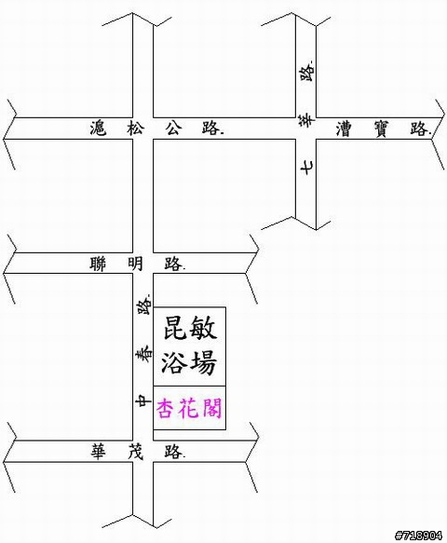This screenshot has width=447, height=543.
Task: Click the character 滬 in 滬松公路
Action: [99, 129]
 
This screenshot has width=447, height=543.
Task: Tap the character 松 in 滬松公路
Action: [135, 129]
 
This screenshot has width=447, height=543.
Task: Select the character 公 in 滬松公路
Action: [173, 129]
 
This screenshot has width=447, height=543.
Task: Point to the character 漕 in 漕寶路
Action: [344, 129]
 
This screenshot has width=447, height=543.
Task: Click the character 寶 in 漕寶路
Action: [382, 129]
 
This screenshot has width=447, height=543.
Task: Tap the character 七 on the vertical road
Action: [307, 168]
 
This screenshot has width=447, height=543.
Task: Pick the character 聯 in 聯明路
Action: [99, 265]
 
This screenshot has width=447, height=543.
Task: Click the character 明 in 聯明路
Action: [135, 265]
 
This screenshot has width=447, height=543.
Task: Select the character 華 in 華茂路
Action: [99, 452]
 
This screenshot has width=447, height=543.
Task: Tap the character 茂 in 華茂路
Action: [135, 452]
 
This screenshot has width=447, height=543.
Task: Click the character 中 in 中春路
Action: [143, 401]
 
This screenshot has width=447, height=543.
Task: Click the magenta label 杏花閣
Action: [189, 409]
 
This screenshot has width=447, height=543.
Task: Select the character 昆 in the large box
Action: [175, 328]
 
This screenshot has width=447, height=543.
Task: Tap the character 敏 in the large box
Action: [203, 328]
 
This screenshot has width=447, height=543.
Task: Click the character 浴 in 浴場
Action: [175, 362]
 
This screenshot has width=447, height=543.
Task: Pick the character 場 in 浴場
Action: [203, 362]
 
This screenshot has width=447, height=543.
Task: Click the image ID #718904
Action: [418, 536]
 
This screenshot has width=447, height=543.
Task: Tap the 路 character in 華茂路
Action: [173, 452]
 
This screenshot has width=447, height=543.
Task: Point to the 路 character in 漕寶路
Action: [419, 129]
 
